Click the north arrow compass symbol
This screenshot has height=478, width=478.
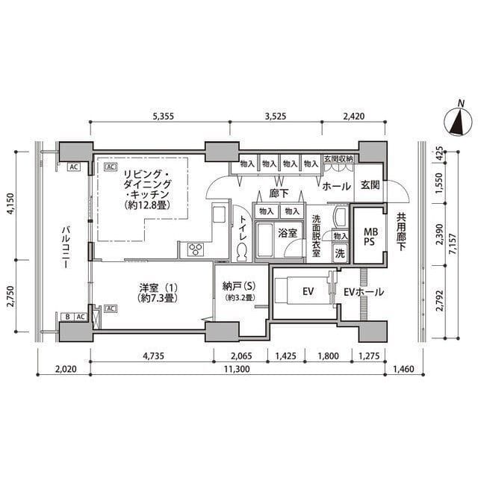coord(458,120)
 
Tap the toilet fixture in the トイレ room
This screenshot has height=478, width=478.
coord(242,252)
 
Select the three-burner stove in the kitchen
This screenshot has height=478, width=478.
coord(196,249)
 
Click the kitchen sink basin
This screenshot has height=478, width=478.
coord(219,214)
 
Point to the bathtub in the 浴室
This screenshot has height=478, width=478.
coord(265,240)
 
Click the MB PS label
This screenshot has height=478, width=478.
coord(370,237)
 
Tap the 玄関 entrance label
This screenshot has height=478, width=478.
coord(370,184)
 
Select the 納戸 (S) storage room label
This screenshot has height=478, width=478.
coord(239,286)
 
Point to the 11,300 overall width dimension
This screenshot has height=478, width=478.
coord(237,369)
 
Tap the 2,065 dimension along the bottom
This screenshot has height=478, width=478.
coord(241,356)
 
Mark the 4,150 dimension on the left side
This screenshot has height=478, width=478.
coord(11,204)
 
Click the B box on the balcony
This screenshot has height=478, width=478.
coord(67,317)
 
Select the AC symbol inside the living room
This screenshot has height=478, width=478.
coord(110,167)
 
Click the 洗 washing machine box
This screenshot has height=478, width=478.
coord(340,253)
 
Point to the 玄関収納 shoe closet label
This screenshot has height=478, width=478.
coord(338,159)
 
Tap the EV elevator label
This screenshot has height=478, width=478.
coord(308,292)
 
